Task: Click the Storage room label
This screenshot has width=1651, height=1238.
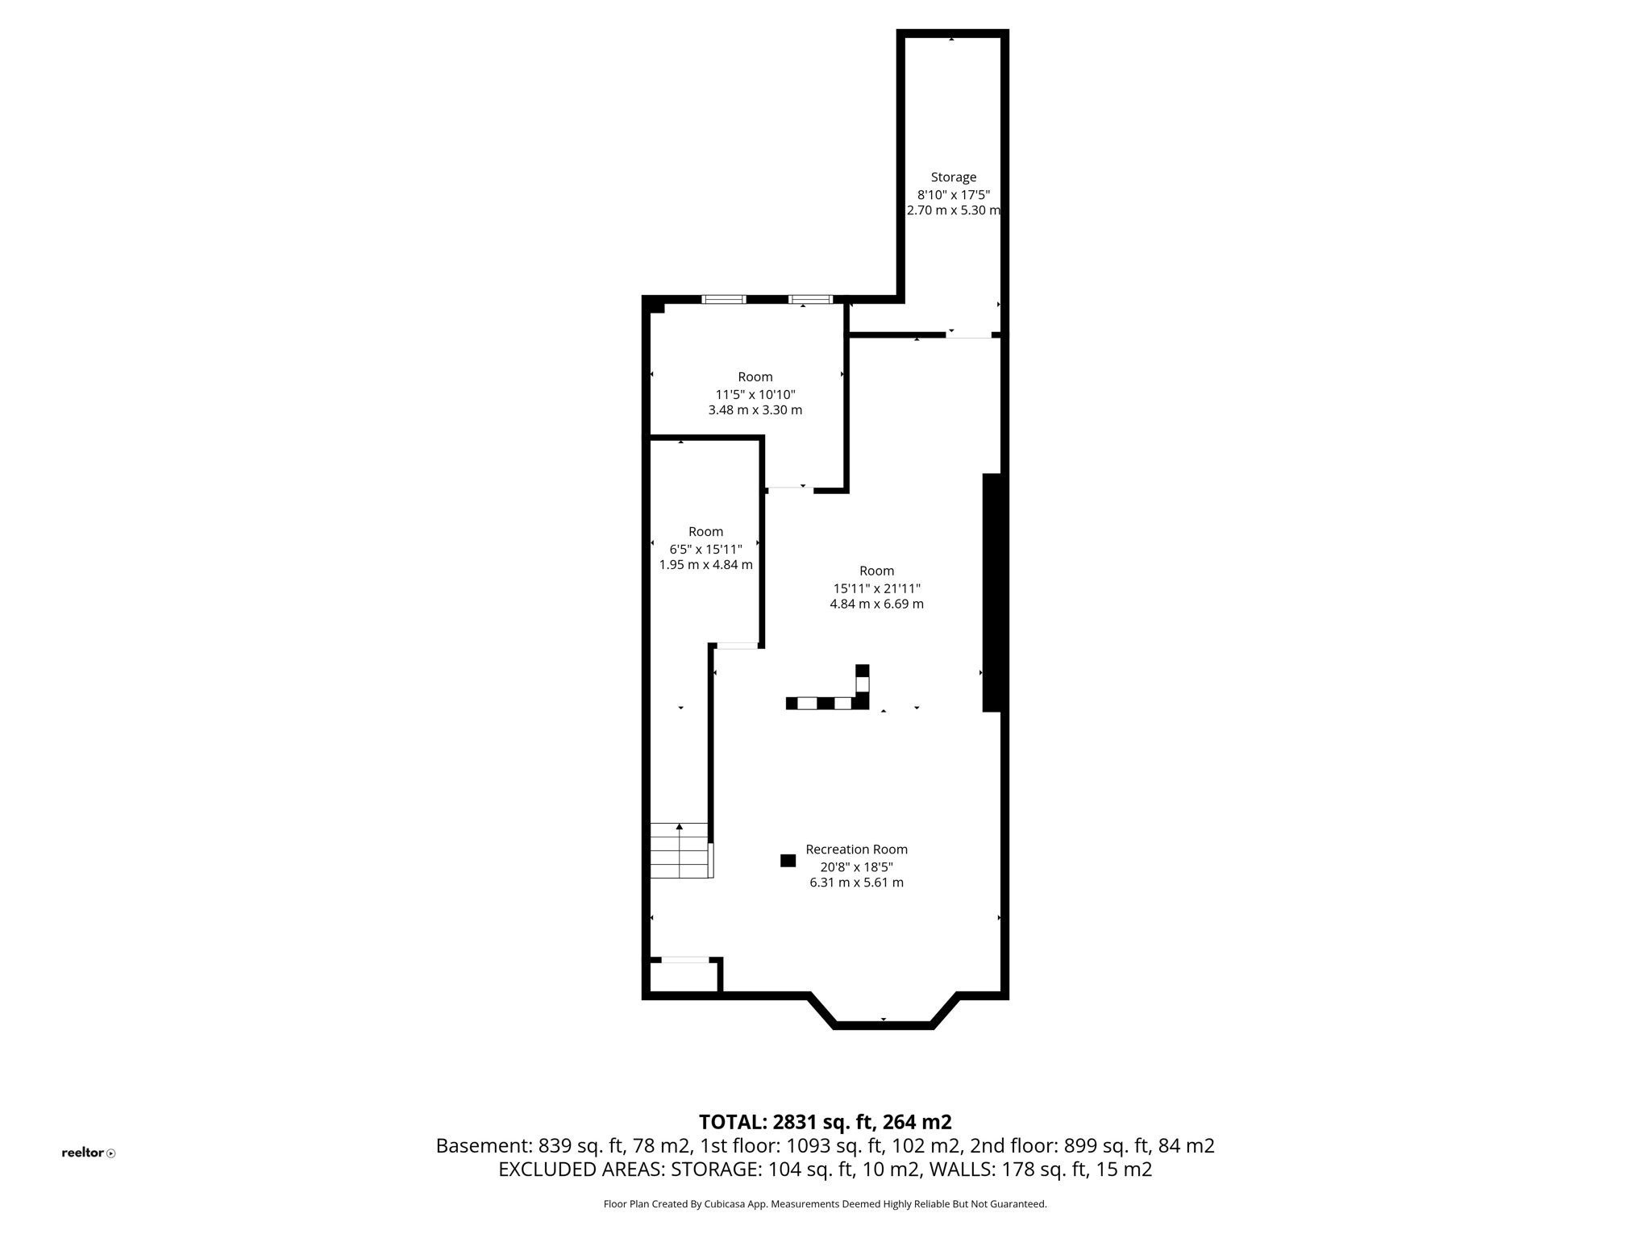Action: click(x=953, y=177)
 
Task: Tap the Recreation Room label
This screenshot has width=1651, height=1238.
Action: click(x=856, y=850)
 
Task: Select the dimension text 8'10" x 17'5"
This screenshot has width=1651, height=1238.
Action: click(x=953, y=195)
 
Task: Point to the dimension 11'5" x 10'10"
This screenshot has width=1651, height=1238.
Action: click(x=755, y=395)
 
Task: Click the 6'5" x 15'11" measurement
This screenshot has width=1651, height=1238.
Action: click(x=705, y=549)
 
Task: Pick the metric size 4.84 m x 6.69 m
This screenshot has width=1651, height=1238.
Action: click(x=876, y=604)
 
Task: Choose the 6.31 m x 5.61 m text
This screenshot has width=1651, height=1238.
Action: click(x=856, y=883)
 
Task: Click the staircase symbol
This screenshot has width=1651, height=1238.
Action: click(x=680, y=850)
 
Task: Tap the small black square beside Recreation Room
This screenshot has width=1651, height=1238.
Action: click(x=788, y=861)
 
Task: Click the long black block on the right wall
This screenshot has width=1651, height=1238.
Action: click(x=992, y=592)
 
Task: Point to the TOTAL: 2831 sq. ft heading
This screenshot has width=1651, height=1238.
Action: click(x=825, y=1122)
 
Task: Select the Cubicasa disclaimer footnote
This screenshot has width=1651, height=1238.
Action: click(x=825, y=1204)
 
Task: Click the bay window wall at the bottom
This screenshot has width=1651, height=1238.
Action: click(x=884, y=1025)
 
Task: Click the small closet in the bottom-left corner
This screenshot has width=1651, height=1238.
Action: click(x=684, y=977)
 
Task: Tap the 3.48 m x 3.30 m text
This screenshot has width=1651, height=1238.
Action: click(x=755, y=410)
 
